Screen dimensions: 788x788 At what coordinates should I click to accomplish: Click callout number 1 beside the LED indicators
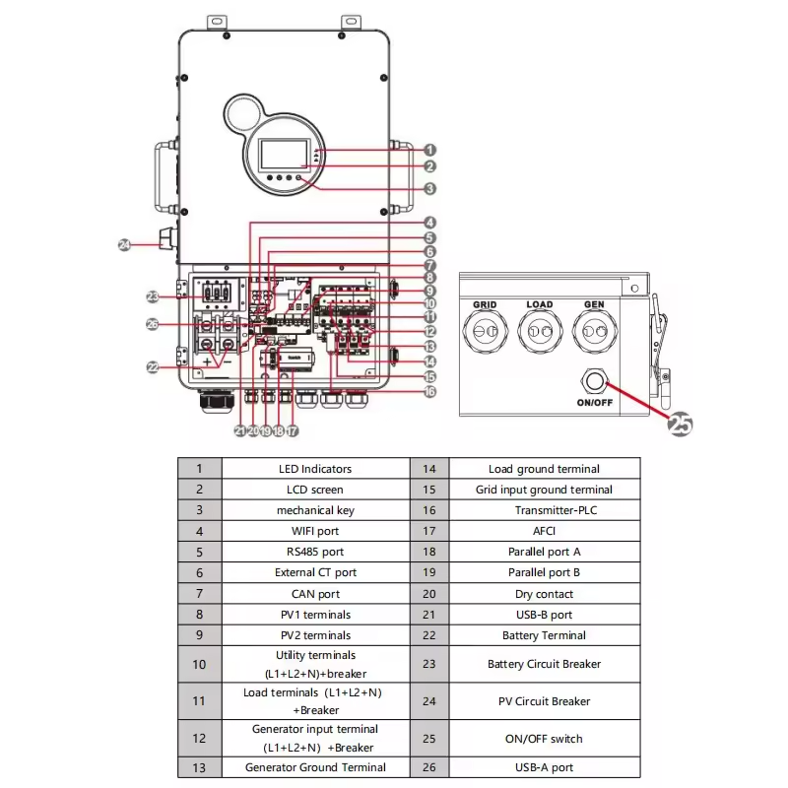[430, 150]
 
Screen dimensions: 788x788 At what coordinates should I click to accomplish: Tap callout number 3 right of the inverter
[430, 188]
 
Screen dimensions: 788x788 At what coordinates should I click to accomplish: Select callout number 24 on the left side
[125, 244]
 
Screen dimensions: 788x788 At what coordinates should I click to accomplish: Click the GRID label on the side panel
[484, 305]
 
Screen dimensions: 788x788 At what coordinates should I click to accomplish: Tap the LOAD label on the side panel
[539, 305]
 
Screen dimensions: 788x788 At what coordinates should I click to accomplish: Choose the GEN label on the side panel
[594, 305]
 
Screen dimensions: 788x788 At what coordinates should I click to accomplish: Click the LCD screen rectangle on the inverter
[284, 156]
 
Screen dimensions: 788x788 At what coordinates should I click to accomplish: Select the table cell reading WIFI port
[315, 531]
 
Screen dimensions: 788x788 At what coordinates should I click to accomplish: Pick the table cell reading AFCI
[544, 531]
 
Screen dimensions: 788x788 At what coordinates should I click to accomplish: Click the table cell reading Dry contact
[544, 594]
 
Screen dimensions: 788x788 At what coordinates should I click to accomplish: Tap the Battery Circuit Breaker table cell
[544, 664]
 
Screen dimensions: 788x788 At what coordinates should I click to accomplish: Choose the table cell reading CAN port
[315, 594]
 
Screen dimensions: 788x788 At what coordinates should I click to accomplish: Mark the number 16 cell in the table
[429, 510]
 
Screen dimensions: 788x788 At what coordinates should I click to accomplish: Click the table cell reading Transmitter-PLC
[544, 510]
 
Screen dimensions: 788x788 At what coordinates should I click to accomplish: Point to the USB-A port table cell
[544, 767]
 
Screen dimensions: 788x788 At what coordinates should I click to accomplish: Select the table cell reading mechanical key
[315, 510]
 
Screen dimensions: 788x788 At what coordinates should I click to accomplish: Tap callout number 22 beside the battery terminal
[153, 366]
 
